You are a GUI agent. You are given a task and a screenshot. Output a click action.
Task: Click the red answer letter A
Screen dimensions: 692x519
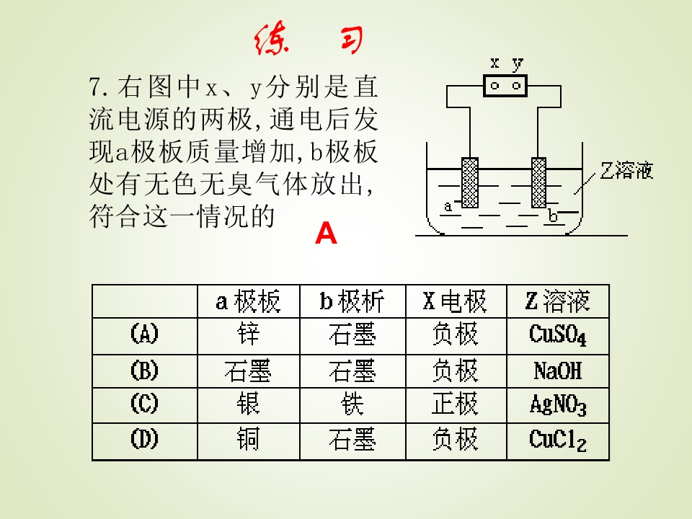pyautogui.click(x=326, y=233)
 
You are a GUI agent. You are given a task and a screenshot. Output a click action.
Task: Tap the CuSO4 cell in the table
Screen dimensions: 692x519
pyautogui.click(x=558, y=335)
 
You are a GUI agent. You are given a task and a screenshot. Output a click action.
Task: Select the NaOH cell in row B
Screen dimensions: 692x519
pyautogui.click(x=558, y=371)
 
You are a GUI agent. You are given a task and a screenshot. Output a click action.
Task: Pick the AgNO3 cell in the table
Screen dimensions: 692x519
pyautogui.click(x=558, y=404)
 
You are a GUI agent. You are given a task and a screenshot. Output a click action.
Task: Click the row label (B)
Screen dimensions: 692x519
pyautogui.click(x=144, y=371)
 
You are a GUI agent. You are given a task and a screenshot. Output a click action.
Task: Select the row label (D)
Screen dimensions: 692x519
pyautogui.click(x=144, y=439)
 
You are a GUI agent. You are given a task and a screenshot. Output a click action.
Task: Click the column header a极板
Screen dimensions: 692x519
pyautogui.click(x=248, y=301)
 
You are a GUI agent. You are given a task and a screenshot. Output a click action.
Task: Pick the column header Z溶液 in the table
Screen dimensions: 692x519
pyautogui.click(x=558, y=301)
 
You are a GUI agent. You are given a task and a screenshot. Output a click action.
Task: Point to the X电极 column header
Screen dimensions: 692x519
pyautogui.click(x=455, y=301)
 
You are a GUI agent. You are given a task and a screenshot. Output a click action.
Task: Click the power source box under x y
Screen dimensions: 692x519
pyautogui.click(x=505, y=86)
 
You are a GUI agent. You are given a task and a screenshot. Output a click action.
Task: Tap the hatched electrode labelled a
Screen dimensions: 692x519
pyautogui.click(x=469, y=182)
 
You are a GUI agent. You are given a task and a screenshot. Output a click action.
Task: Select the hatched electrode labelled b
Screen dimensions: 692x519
pyautogui.click(x=539, y=182)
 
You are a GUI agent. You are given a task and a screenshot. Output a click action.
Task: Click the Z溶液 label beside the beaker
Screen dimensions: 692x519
pyautogui.click(x=626, y=170)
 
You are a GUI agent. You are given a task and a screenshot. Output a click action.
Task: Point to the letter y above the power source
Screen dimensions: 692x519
pyautogui.click(x=518, y=64)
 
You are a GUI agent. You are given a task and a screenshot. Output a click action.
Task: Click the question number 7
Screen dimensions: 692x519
pyautogui.click(x=96, y=86)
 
